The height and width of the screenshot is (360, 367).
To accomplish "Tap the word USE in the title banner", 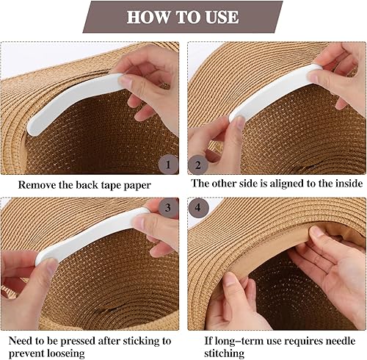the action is tap(222, 17).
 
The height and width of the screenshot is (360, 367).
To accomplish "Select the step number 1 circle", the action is tap(168, 165).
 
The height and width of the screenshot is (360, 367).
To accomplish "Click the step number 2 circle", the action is tap(198, 165).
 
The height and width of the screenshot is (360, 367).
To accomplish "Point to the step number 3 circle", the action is tap(168, 208).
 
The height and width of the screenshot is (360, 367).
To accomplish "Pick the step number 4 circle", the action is tap(198, 208).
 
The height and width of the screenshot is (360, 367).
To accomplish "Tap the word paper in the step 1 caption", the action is tap(137, 186).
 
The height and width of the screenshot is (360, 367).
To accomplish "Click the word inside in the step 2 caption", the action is tap(349, 183).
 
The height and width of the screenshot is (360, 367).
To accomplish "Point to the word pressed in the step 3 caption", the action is tap(79, 341).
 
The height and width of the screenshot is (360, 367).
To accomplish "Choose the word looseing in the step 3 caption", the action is tap(65, 354).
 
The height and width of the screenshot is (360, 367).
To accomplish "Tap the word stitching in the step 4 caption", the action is tap(225, 353).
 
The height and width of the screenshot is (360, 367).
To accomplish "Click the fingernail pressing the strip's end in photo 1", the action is tap(126, 82).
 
